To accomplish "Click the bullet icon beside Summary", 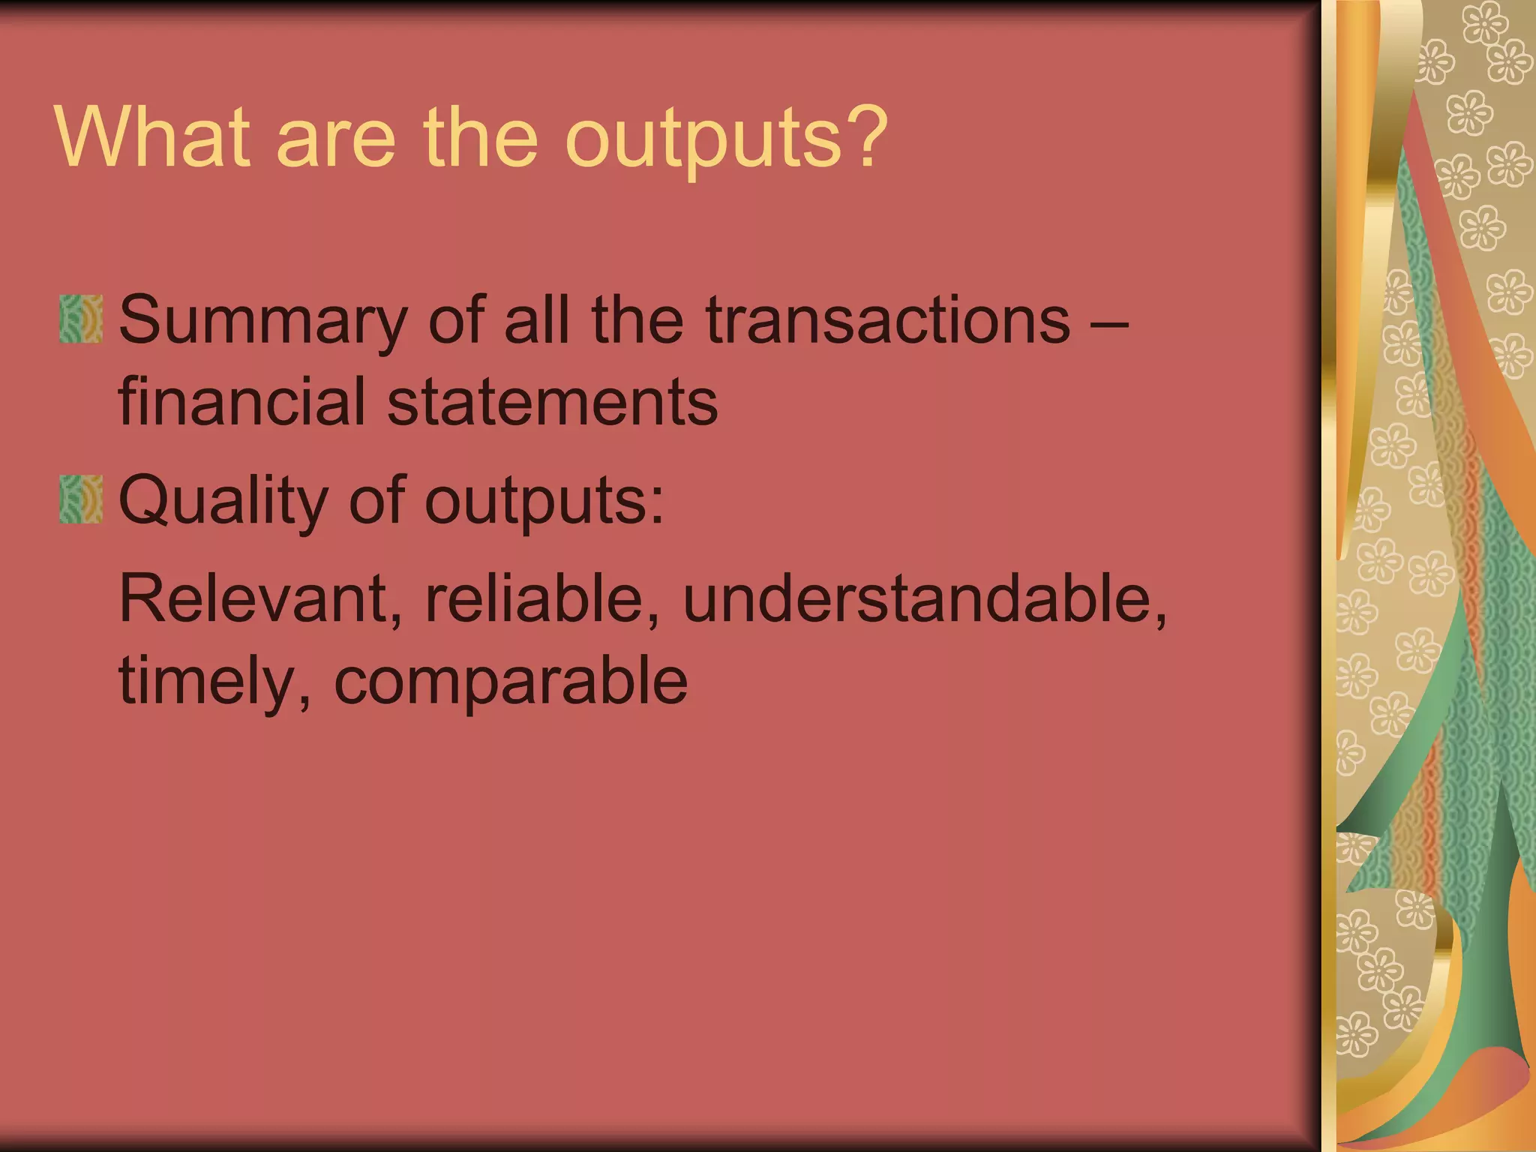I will [x=81, y=319].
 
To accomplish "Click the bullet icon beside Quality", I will [x=81, y=499].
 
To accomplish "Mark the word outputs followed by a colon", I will [x=544, y=504].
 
